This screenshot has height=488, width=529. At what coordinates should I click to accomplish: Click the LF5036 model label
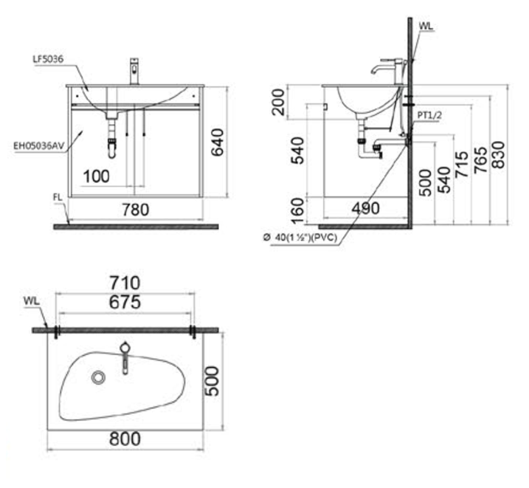coord(48,59)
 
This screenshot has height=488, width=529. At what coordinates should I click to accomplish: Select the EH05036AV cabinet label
coord(39,146)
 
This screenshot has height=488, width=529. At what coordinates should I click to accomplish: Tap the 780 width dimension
coord(135,210)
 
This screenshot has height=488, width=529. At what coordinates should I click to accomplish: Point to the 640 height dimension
coord(218,142)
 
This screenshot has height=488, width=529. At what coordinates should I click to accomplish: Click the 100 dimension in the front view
coord(97,176)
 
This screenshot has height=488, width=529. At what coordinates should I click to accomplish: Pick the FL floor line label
coord(58,197)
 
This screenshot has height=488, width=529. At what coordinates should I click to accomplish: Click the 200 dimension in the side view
coord(279,102)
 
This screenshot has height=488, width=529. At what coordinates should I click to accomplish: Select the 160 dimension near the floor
coord(297,211)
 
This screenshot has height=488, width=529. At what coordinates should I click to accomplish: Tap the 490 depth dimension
coord(366,209)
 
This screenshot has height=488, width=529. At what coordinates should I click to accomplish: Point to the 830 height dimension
coord(499,155)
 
